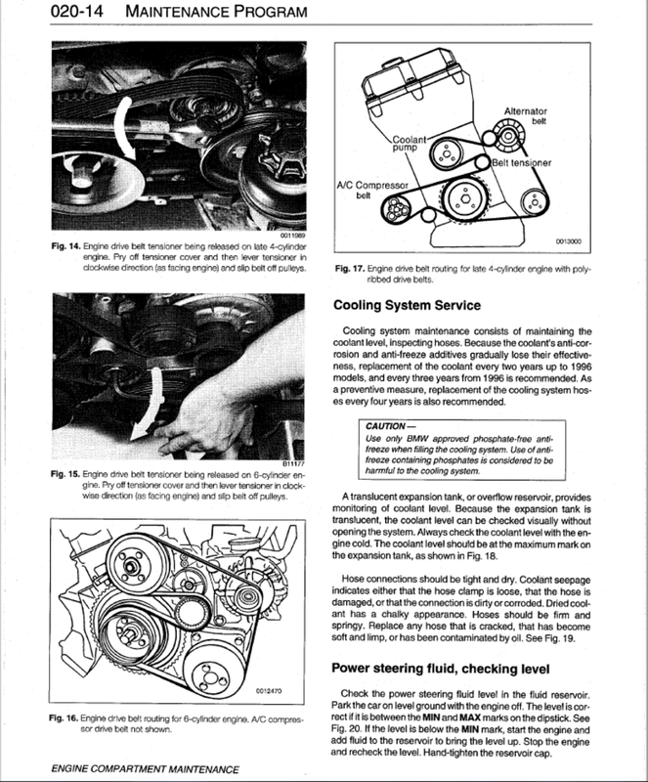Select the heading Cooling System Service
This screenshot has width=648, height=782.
(x=422, y=306)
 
